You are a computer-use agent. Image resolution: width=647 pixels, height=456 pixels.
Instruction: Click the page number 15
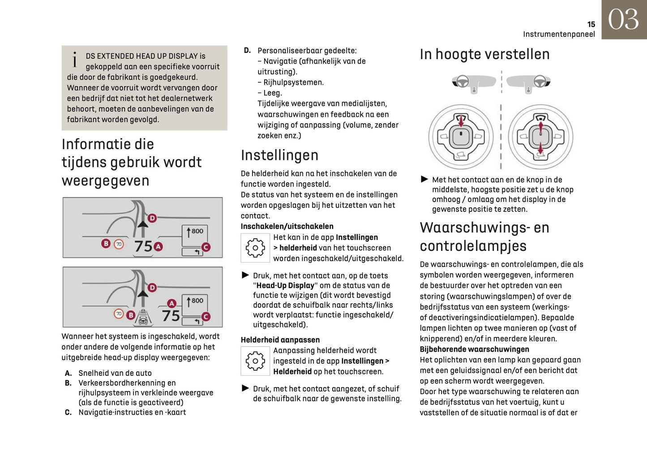coord(591,25)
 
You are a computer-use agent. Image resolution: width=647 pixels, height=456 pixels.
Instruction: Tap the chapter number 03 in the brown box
coord(623,20)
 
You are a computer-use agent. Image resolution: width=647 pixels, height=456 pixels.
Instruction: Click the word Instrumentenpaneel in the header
coord(559,34)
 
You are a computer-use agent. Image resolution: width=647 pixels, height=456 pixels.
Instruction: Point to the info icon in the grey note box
coord(75,59)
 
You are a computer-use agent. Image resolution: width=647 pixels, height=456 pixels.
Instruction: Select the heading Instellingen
coord(279,155)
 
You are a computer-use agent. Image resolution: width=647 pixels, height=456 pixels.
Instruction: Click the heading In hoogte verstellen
coord(484,54)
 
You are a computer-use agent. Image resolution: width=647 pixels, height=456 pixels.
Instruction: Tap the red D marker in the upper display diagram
coord(152,218)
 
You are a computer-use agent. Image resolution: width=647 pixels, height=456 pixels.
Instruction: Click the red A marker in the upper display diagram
coord(158,246)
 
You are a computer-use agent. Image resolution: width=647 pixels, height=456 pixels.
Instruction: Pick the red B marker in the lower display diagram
coord(131,315)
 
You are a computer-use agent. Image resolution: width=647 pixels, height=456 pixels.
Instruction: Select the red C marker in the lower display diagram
coord(206,317)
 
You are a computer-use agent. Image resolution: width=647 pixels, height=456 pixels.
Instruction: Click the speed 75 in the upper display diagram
coord(144,246)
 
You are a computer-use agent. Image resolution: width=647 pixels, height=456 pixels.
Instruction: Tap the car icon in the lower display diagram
coord(143,318)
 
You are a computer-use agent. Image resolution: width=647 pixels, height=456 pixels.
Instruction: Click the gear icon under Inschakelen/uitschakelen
coord(255,248)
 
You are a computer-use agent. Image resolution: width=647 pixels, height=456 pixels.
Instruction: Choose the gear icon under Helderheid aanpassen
coord(255,361)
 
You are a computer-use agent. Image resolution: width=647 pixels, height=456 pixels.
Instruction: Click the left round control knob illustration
coord(461,137)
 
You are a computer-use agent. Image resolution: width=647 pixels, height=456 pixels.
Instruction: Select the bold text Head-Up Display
coord(285,286)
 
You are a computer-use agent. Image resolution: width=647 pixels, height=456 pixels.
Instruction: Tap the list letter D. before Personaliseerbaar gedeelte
coord(247,51)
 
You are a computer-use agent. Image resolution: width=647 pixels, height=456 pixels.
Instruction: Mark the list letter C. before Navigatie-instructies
coord(68,413)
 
